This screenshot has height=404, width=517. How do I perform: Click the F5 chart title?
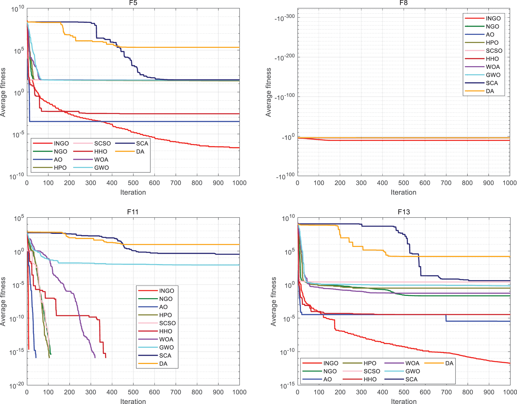[133, 3]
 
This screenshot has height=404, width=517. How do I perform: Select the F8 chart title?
[404, 3]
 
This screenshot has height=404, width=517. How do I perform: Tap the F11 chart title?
[133, 212]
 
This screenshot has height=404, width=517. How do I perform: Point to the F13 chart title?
[404, 212]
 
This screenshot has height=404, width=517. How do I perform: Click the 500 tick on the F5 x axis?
[133, 183]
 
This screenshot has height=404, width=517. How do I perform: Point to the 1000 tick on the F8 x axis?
[509, 183]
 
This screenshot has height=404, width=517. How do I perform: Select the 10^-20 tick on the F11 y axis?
[17, 385]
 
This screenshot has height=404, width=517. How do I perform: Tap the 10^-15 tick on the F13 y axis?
[287, 385]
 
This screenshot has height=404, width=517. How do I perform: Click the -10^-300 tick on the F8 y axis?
[285, 18]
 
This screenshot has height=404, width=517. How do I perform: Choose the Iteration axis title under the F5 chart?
[133, 192]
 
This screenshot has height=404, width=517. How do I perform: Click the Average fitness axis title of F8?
[269, 92]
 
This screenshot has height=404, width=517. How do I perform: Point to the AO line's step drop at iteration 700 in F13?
[446, 318]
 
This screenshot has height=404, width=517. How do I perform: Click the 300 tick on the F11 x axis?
[91, 392]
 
